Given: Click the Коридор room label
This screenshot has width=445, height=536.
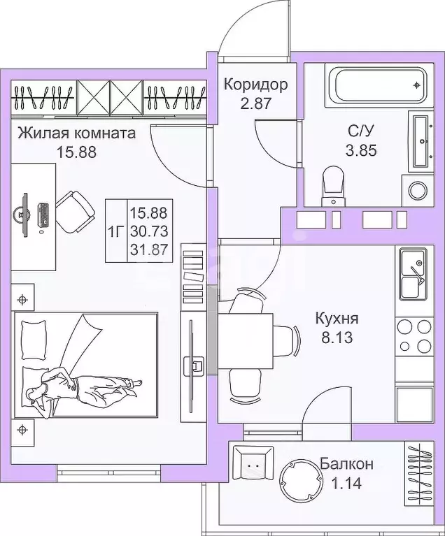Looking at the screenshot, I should click(255, 85).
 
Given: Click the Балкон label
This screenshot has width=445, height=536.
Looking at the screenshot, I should click(346, 464).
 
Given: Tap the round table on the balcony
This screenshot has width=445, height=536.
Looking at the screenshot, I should click(299, 478).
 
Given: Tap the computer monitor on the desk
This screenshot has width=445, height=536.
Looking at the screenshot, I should click(26, 212).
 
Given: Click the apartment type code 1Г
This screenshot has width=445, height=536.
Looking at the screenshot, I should click(116, 231).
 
